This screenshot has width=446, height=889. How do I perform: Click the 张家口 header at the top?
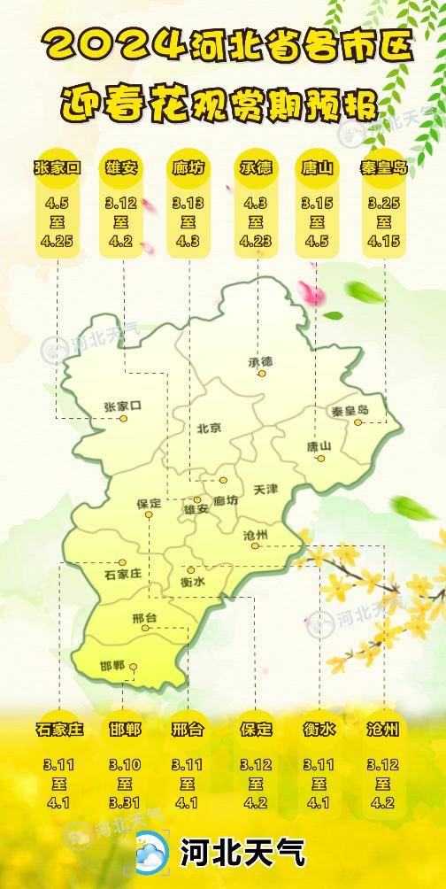pyautogui.click(x=57, y=166)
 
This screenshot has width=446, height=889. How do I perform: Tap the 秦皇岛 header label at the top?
pyautogui.click(x=384, y=166)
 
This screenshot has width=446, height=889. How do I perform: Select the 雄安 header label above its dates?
pyautogui.click(x=122, y=166)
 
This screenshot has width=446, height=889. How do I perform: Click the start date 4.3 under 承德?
pyautogui.click(x=255, y=204)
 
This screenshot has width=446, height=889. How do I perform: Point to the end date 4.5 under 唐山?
pyautogui.click(x=317, y=240)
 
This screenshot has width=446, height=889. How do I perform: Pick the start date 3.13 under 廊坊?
pyautogui.click(x=188, y=204)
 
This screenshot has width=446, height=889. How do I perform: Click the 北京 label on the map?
pyautogui.click(x=210, y=428)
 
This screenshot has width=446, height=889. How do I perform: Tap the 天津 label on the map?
pyautogui.click(x=265, y=489)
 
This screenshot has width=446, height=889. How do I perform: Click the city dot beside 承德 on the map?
pyautogui.click(x=262, y=374)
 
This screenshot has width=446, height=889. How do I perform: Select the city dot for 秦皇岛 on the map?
pyautogui.click(x=358, y=422)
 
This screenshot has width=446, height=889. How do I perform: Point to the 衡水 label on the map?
pyautogui.click(x=192, y=582)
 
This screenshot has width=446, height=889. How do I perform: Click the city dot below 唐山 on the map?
pyautogui.click(x=321, y=458)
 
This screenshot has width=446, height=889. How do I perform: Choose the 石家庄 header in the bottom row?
pyautogui.click(x=59, y=730)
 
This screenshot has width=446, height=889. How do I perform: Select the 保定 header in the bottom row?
pyautogui.click(x=256, y=730)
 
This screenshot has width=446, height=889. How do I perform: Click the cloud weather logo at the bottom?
pyautogui.click(x=151, y=854)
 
